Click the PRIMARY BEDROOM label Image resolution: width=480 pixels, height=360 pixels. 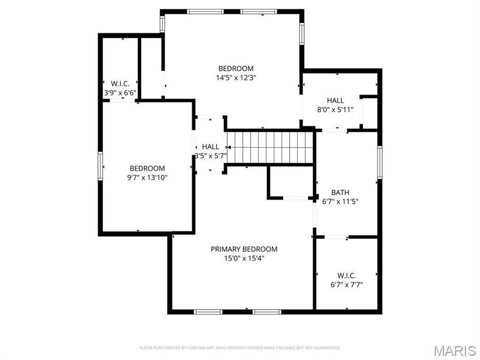[x=244, y=249]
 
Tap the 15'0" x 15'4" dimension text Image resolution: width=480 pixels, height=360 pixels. [x=244, y=258]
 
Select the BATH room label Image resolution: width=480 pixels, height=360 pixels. [x=340, y=192]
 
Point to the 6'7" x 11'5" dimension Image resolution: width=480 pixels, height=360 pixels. [x=340, y=202]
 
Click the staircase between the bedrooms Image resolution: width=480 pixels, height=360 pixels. [x=269, y=148]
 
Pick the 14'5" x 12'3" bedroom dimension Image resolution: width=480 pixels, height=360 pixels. [x=236, y=77]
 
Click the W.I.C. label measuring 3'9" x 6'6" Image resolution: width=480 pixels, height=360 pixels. [x=120, y=83]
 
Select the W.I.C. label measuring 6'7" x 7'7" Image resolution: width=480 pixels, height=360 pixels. [x=347, y=275]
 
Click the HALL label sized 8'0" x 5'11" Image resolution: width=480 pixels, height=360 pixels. [x=335, y=100]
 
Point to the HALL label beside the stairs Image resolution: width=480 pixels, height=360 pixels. [x=210, y=147]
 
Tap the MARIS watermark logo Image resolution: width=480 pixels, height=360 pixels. [x=454, y=350]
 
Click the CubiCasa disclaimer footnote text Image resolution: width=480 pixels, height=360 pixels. [x=239, y=348]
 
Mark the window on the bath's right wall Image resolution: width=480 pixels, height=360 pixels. [x=380, y=163]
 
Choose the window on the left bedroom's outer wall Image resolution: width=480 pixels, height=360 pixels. [x=100, y=166]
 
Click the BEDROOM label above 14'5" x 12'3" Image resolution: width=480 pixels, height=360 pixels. [x=236, y=68]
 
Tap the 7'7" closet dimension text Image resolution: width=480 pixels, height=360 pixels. [x=347, y=285]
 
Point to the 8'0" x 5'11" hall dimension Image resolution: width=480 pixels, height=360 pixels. [x=335, y=110]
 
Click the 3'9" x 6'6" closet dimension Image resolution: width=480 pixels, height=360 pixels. [x=120, y=92]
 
